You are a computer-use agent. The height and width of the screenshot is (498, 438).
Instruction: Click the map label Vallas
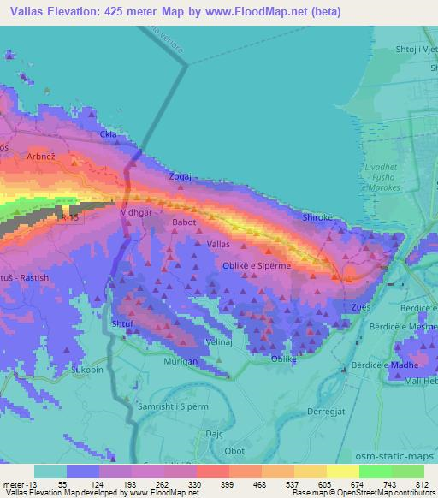218,244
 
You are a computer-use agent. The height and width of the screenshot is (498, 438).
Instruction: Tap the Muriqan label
181,362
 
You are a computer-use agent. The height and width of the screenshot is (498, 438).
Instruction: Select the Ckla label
108,134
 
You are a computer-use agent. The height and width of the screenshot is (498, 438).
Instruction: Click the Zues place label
362,306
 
